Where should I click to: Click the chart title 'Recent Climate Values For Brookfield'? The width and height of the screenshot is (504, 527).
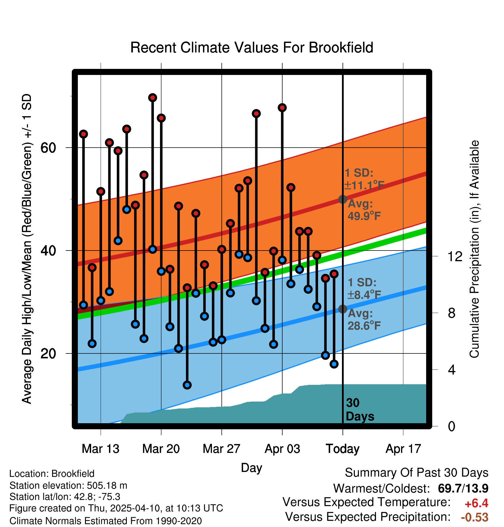pyautogui.click(x=252, y=48)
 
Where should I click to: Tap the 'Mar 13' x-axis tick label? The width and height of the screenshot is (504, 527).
pyautogui.click(x=100, y=449)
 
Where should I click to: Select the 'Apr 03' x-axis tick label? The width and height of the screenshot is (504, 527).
pyautogui.click(x=282, y=449)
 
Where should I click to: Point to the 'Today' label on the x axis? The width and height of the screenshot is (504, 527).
pyautogui.click(x=343, y=449)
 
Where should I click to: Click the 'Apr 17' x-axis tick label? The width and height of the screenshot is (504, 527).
pyautogui.click(x=403, y=449)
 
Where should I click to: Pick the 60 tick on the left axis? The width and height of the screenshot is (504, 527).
pyautogui.click(x=48, y=148)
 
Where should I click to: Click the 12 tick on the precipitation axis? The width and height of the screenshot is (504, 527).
pyautogui.click(x=455, y=256)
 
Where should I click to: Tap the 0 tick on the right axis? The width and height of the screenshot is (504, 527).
pyautogui.click(x=452, y=426)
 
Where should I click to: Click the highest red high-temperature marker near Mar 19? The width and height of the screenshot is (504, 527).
pyautogui.click(x=153, y=98)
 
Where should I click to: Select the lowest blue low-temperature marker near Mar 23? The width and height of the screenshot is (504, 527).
pyautogui.click(x=187, y=385)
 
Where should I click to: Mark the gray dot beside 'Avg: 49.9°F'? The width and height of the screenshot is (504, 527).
pyautogui.click(x=343, y=199)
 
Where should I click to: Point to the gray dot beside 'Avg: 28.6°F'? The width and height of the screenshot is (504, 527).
pyautogui.click(x=343, y=309)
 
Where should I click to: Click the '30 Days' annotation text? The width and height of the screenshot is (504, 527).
pyautogui.click(x=359, y=410)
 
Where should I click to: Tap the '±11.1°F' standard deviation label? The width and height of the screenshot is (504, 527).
pyautogui.click(x=364, y=185)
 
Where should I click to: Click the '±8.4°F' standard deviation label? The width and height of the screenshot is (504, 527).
pyautogui.click(x=364, y=295)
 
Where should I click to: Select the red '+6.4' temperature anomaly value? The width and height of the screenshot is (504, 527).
pyautogui.click(x=476, y=503)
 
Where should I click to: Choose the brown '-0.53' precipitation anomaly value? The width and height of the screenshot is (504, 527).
pyautogui.click(x=475, y=517)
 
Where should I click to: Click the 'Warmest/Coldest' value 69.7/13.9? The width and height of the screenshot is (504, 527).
pyautogui.click(x=463, y=488)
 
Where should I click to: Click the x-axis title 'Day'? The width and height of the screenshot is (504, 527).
pyautogui.click(x=251, y=468)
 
